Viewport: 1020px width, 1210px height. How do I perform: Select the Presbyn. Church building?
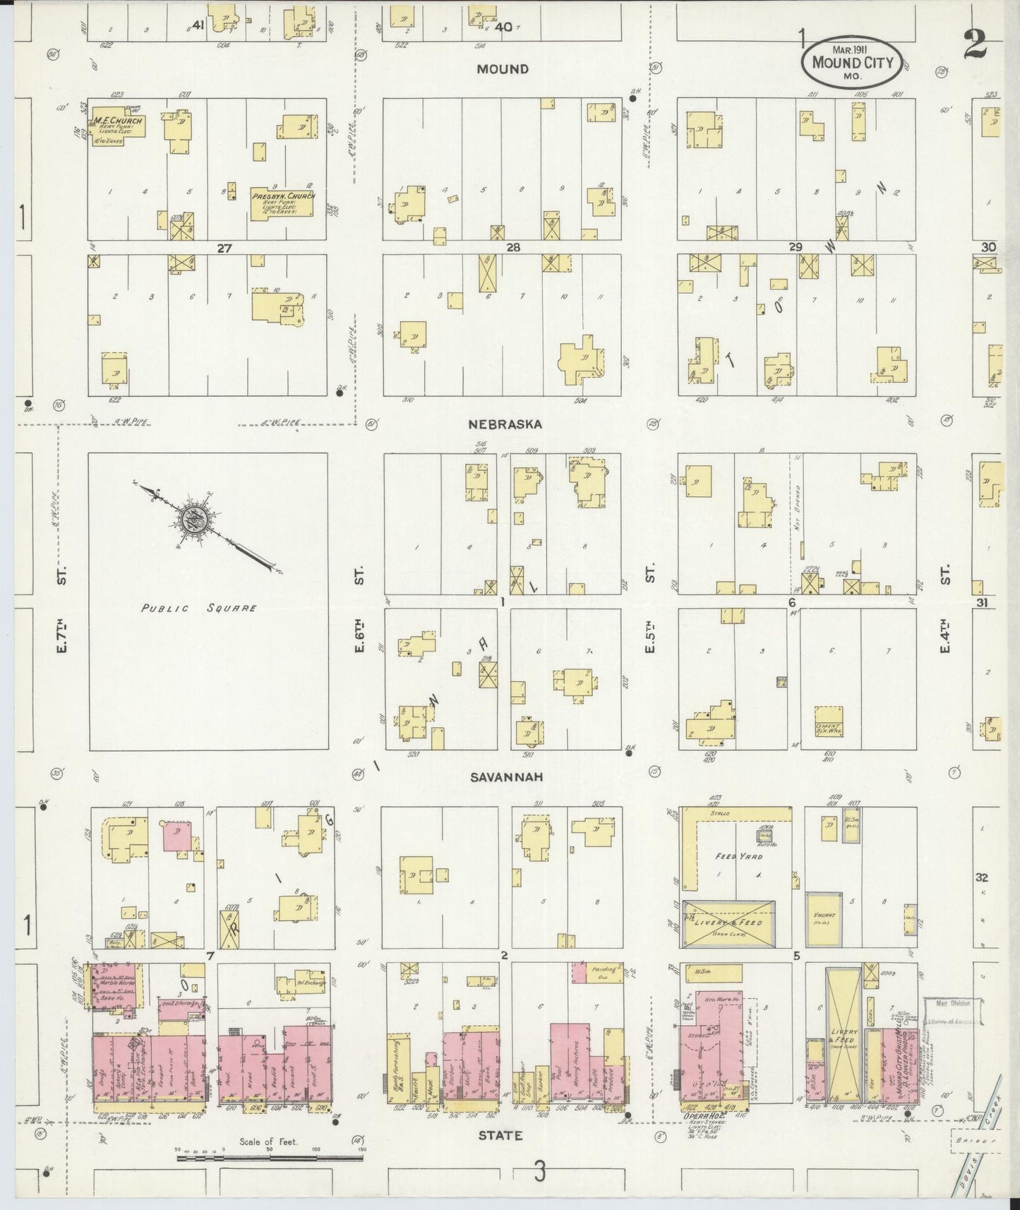(283, 204)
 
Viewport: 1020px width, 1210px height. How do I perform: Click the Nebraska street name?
(505, 424)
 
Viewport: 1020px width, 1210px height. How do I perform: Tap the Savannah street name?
(504, 777)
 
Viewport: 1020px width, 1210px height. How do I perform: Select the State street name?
(500, 1136)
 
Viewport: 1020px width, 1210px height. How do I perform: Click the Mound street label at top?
(502, 68)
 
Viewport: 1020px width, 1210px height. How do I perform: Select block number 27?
(224, 248)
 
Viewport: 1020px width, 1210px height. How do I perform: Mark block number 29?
(796, 248)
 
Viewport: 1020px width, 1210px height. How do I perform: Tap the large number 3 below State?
(539, 1173)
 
